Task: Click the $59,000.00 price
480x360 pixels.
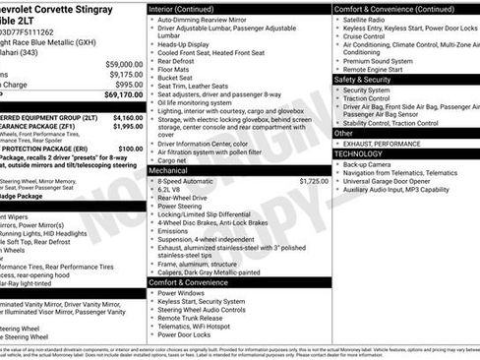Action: click(124, 63)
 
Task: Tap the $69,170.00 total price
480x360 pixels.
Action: click(123, 94)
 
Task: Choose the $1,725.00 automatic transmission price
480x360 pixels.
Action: click(314, 181)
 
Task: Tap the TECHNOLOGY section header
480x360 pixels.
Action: click(357, 154)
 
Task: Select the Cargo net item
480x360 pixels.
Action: click(174, 160)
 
